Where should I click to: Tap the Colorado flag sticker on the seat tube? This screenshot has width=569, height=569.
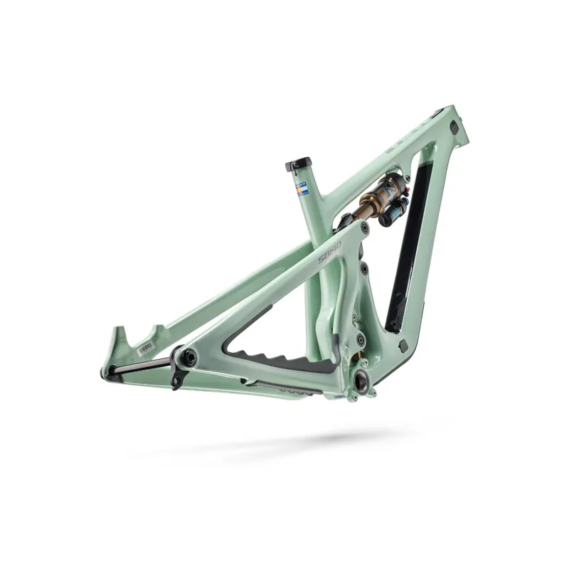pos(302,189)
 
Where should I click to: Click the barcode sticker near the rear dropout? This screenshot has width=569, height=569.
pos(145,346)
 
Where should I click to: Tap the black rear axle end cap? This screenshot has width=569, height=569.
pos(189,358)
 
